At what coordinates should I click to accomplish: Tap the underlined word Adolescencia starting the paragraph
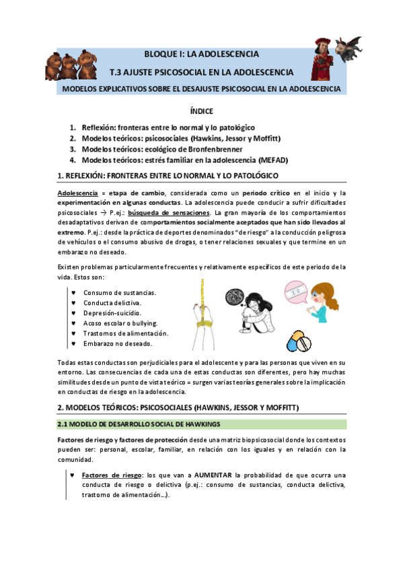78,193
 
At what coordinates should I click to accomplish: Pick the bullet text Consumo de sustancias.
120,292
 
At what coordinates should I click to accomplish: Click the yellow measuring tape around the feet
200,303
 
